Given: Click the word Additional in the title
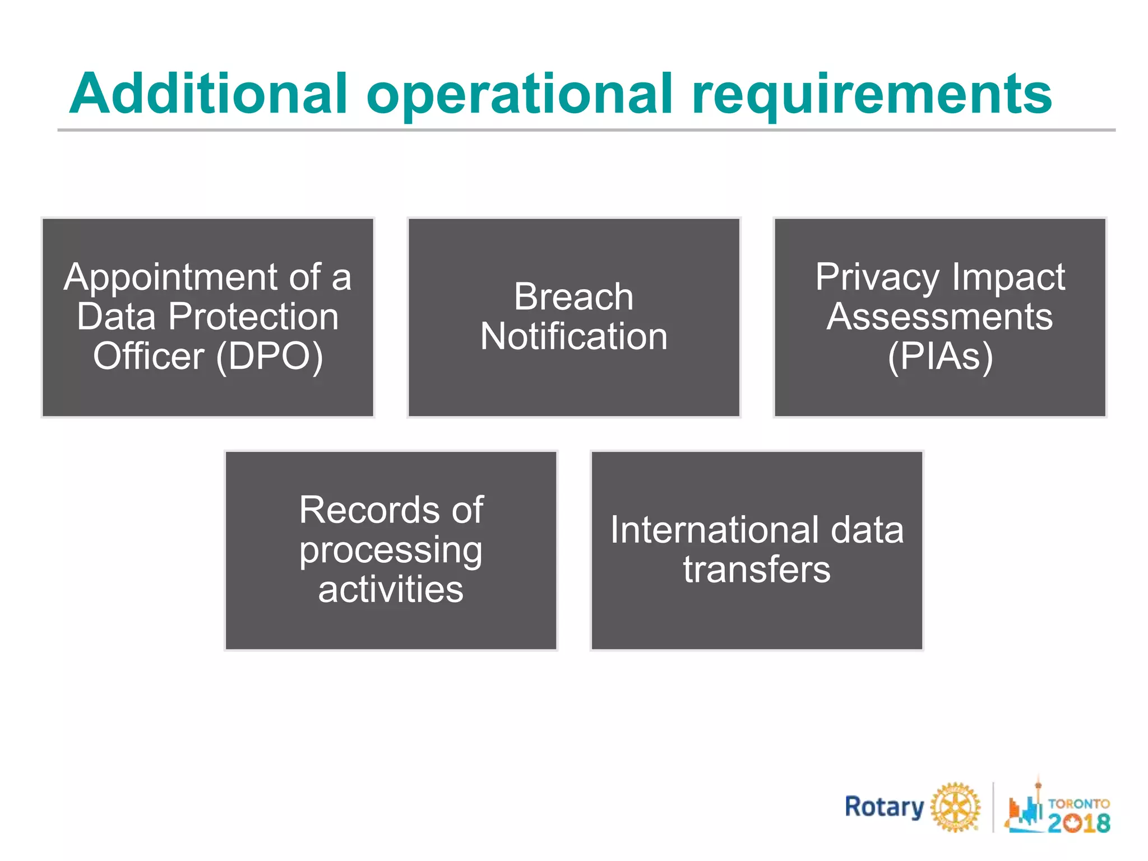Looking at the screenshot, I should [208, 94].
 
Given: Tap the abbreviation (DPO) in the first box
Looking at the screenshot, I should [270, 357].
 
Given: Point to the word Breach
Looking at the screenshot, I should [573, 297].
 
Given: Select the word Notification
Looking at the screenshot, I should [573, 336].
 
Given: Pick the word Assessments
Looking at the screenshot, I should [939, 317].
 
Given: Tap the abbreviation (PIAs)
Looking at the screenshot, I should [940, 357].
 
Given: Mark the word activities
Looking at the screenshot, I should [391, 590].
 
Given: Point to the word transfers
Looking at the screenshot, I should [757, 570].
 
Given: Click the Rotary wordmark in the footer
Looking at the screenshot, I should [884, 807].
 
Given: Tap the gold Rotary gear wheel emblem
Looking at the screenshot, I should [956, 807].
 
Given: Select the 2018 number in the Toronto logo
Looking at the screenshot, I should [1078, 823].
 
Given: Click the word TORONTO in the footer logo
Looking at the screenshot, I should [1078, 803].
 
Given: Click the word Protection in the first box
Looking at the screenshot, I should [253, 317].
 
